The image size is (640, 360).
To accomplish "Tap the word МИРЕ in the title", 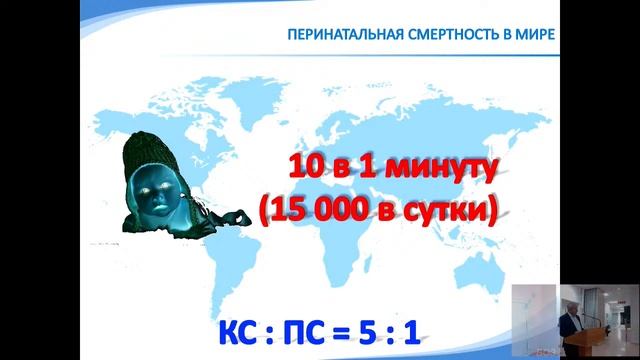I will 531,34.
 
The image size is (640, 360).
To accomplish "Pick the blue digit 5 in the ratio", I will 405,330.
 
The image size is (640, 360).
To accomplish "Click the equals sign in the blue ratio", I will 368,331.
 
